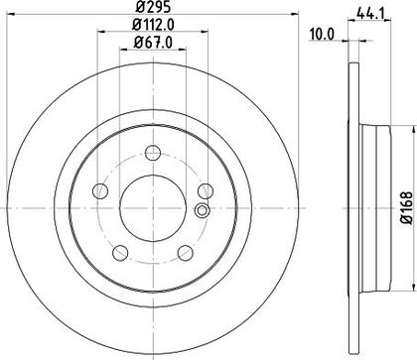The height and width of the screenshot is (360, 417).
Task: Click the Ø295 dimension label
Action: (153, 6)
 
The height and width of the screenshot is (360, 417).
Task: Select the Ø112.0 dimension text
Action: (153, 25)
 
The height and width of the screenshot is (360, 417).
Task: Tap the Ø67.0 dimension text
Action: (153, 43)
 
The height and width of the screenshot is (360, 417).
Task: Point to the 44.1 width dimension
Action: (369, 14)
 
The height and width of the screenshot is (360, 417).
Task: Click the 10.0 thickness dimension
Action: (322, 34)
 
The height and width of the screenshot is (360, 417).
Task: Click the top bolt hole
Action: (153, 153)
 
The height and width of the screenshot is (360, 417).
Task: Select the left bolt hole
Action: (100, 190)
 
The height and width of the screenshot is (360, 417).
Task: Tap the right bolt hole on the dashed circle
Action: (206, 190)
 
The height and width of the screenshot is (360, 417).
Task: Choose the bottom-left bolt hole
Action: (120, 253)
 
